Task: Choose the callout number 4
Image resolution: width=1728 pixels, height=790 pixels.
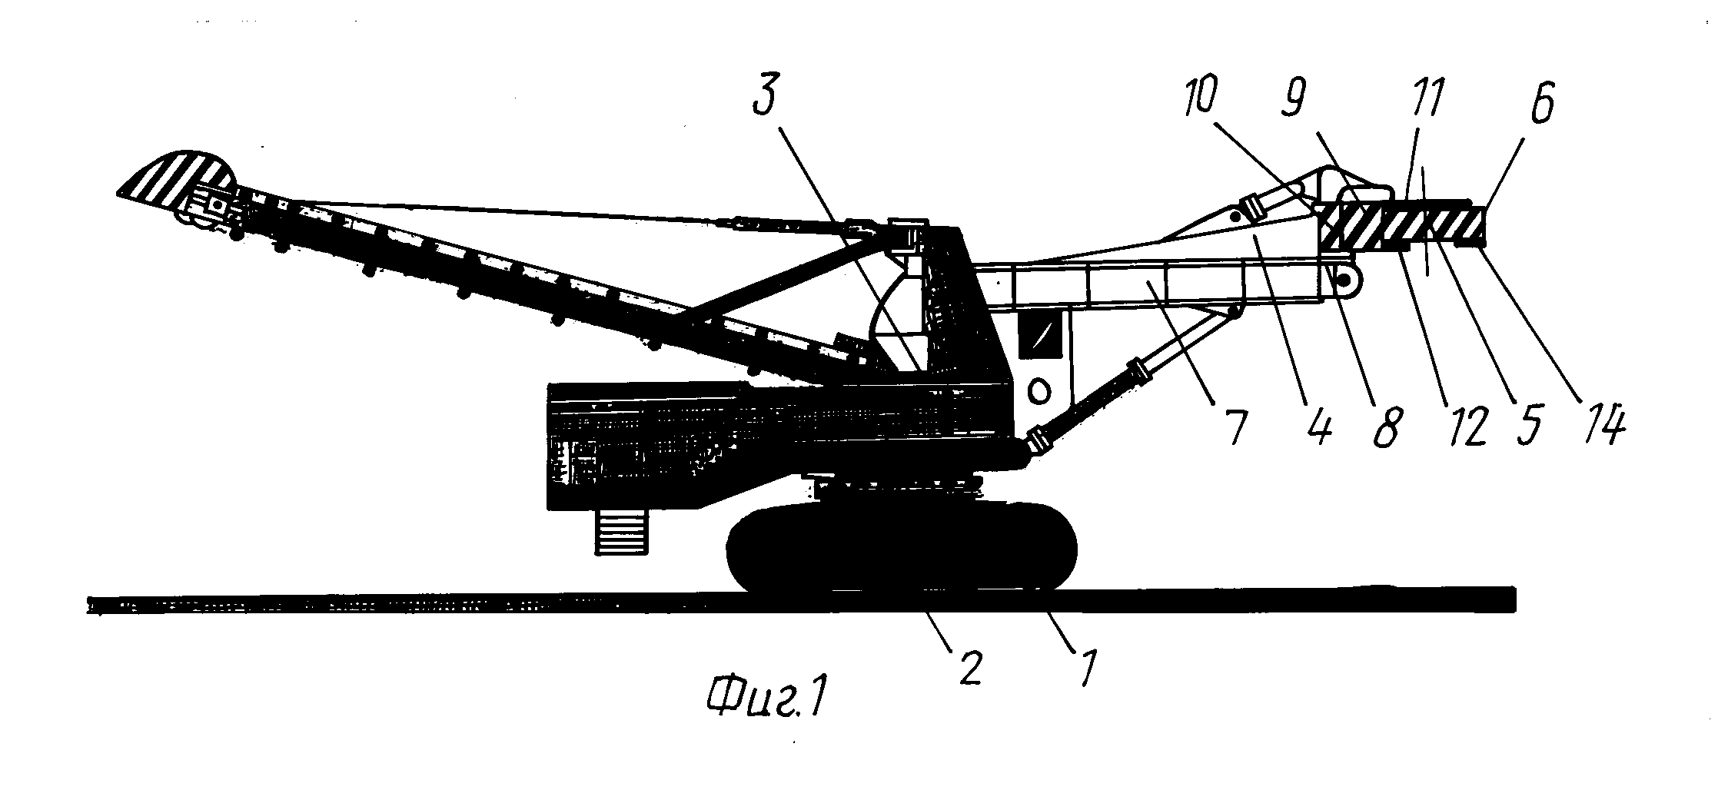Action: click(1319, 427)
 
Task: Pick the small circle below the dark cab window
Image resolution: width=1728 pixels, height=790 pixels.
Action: click(1038, 391)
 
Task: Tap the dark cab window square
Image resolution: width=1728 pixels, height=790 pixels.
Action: click(1038, 334)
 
